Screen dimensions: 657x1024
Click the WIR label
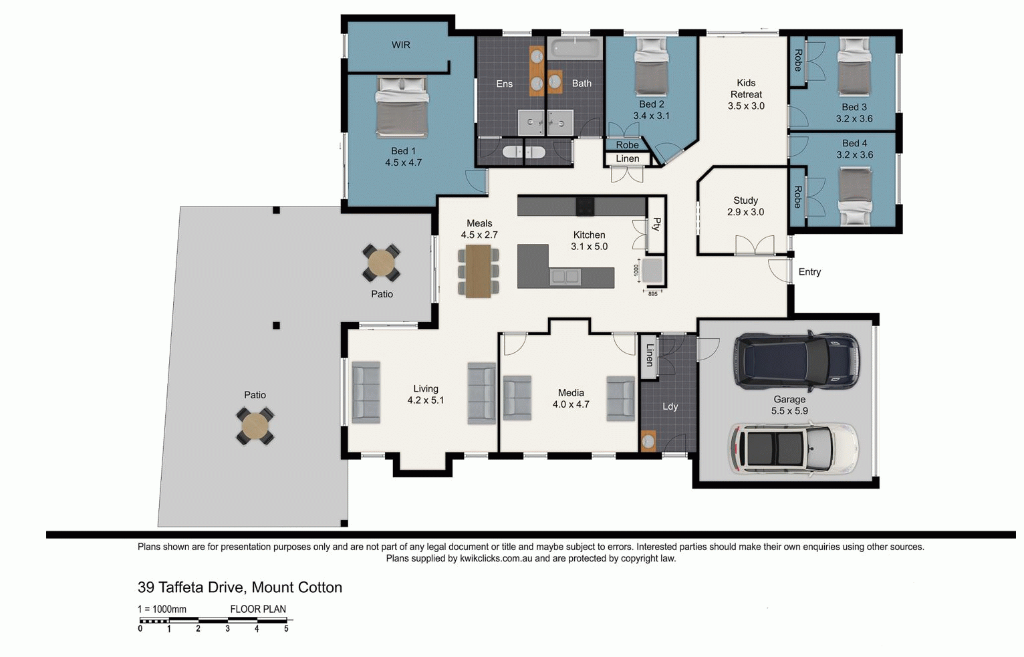coord(401,45)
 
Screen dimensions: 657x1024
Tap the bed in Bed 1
coord(402,107)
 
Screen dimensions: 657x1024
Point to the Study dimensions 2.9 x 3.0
coord(745,212)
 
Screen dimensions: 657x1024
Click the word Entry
coord(809,272)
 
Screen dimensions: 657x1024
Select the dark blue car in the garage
coord(796,361)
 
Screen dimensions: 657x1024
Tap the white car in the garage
coord(792,448)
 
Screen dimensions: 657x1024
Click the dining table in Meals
coord(478,271)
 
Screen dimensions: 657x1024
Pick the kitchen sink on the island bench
coord(565,276)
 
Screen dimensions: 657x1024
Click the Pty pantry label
coord(656,224)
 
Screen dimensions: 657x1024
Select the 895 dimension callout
coord(652,294)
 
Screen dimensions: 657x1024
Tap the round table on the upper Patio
coord(382,263)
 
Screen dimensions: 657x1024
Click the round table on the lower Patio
coord(255,426)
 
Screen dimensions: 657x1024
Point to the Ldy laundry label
coord(670,406)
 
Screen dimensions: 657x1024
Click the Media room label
coord(571,393)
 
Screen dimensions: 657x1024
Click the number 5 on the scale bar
coord(286,629)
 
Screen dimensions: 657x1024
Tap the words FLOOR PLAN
coord(258,609)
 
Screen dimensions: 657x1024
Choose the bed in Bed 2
coord(651,68)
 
